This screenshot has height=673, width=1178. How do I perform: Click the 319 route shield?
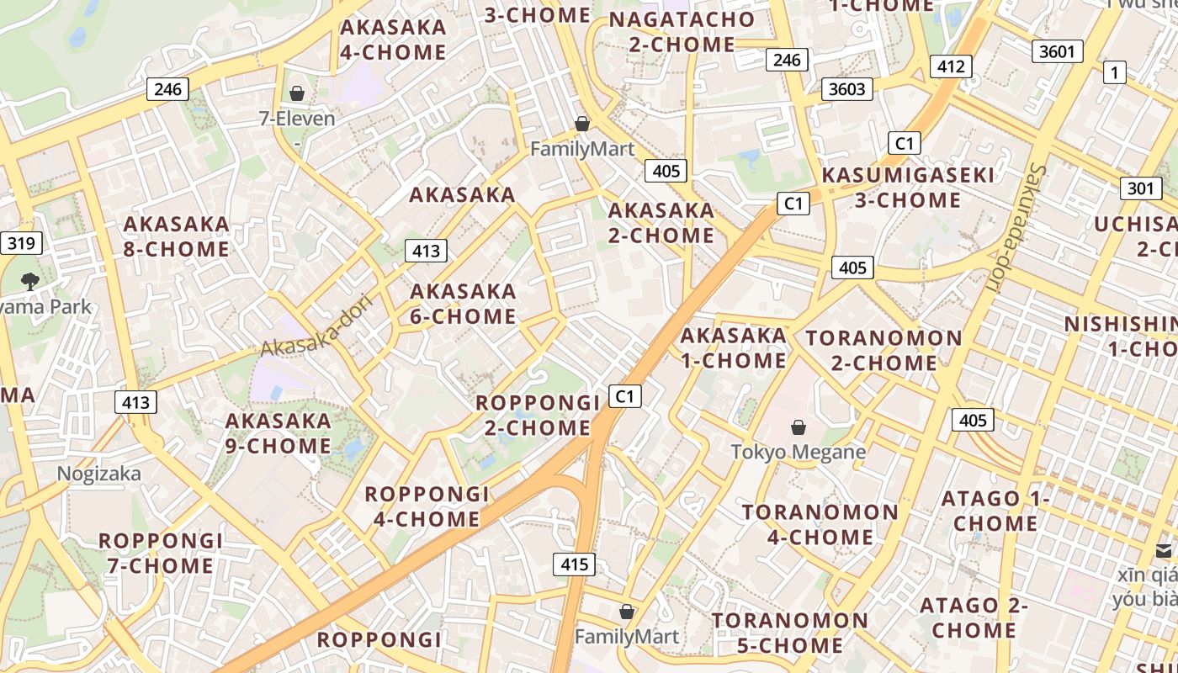pyautogui.click(x=21, y=244)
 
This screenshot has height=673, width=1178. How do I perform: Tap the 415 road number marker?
pyautogui.click(x=574, y=564)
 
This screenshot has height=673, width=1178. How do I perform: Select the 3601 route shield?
pyautogui.click(x=1057, y=51)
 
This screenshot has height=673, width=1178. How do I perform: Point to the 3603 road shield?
pyautogui.click(x=847, y=88)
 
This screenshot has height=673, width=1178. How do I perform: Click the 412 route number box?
pyautogui.click(x=951, y=66)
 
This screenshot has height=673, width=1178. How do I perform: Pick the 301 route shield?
pyautogui.click(x=1140, y=188)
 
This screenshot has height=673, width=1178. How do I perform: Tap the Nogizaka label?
pyautogui.click(x=99, y=474)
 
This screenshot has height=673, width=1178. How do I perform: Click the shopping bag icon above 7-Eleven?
pyautogui.click(x=297, y=93)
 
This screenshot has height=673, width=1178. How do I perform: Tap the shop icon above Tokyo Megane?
pyautogui.click(x=799, y=427)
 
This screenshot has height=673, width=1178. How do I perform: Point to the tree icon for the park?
pyautogui.click(x=31, y=281)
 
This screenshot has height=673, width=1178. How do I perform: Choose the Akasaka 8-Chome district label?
pyautogui.click(x=177, y=236)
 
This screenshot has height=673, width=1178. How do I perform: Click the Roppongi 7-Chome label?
pyautogui.click(x=161, y=553)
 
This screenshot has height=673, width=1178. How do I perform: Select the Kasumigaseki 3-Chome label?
pyautogui.click(x=908, y=188)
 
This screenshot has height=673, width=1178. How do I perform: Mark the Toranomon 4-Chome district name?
pyautogui.click(x=820, y=524)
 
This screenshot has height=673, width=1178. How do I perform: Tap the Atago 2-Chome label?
pyautogui.click(x=974, y=617)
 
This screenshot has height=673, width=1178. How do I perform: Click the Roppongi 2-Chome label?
pyautogui.click(x=538, y=415)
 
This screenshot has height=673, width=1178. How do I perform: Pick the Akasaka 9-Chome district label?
pyautogui.click(x=279, y=432)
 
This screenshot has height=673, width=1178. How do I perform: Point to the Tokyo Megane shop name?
pyautogui.click(x=799, y=452)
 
